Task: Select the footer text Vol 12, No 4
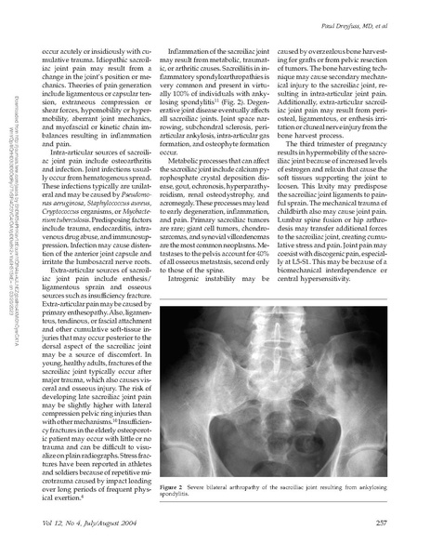tap(70, 526)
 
